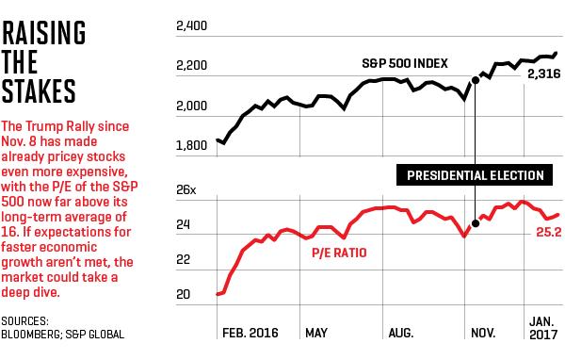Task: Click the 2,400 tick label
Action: point(191,26)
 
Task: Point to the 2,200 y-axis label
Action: point(191,66)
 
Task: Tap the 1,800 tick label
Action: point(191,145)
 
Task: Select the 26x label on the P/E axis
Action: point(186,190)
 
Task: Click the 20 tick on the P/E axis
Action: point(183,295)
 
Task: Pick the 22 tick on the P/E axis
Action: point(183,260)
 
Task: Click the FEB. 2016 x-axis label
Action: point(250,333)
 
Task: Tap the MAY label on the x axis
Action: point(316,333)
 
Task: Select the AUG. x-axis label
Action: point(401,333)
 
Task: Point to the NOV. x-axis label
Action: point(483,333)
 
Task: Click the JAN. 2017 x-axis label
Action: point(543,328)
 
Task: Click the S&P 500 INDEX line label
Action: point(405,63)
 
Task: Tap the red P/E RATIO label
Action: point(339,253)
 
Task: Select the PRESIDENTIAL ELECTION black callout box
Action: point(475,175)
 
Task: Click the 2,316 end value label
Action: point(544,74)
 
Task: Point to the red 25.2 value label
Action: point(549,232)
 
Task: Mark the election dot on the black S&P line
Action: point(476,80)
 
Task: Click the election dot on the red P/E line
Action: point(476,223)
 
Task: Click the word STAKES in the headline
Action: point(39,90)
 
